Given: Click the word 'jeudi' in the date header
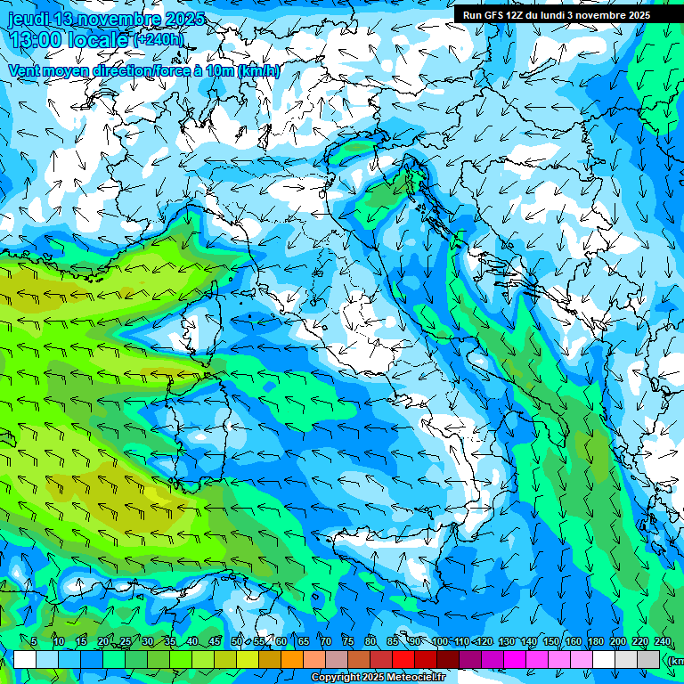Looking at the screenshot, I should pos(28,19).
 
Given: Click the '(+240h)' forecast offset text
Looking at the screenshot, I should pos(159,40).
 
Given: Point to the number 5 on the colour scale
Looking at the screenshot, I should pos(34,641).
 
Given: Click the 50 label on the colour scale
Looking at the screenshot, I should pos(237,641).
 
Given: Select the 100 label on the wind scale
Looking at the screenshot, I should pos(439,641).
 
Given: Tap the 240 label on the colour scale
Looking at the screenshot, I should pos(663,641).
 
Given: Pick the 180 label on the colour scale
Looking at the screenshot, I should pos(596,641).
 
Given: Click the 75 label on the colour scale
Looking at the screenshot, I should pos(348,641).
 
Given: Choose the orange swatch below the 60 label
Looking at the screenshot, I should pos(292,659).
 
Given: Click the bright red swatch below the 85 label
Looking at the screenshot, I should pos(403,659).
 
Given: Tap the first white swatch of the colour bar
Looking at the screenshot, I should pos(25,659).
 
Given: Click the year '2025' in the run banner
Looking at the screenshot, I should pos(638,15).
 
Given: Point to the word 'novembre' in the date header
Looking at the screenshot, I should pos(118,19).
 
